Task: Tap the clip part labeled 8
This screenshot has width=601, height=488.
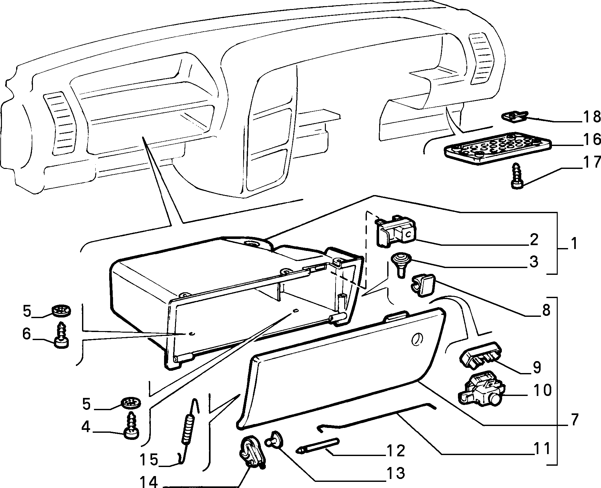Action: coord(423,284)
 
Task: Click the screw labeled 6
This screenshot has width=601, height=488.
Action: coord(61,335)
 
